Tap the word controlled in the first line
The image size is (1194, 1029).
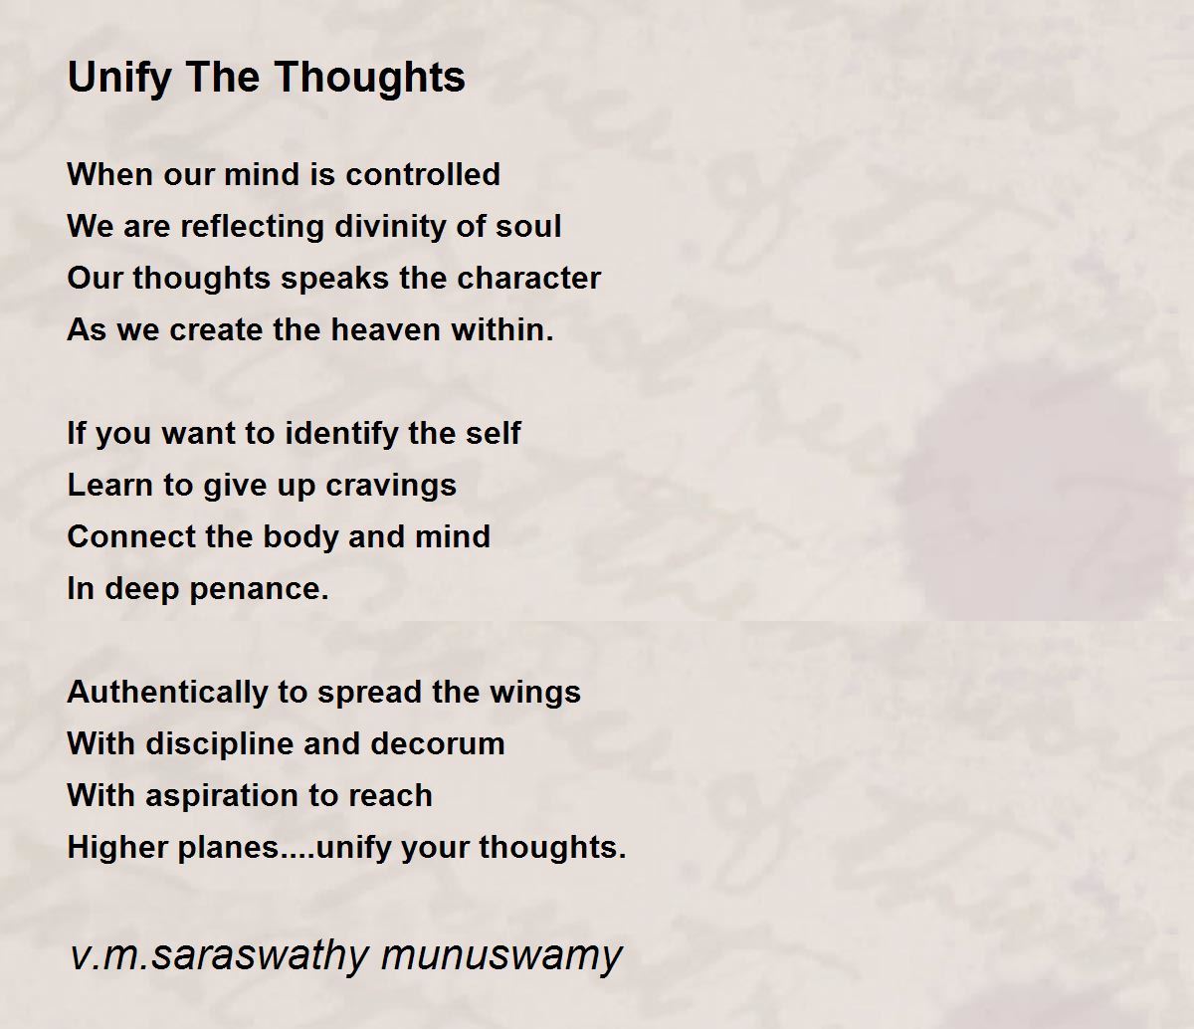[423, 174]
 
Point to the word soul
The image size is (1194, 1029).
[528, 226]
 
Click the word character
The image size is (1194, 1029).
[528, 278]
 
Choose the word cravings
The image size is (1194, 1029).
[391, 487]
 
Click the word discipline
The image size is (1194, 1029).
[220, 744]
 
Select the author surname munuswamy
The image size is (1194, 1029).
[501, 956]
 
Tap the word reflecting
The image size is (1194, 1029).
[253, 227]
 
